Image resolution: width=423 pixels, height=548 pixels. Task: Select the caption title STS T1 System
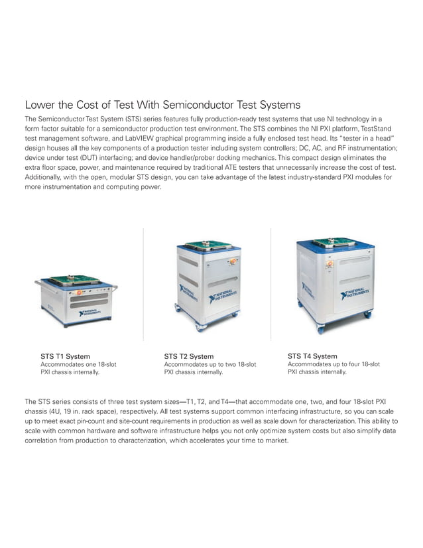click(x=66, y=356)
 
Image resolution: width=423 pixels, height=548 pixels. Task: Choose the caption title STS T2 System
click(x=189, y=356)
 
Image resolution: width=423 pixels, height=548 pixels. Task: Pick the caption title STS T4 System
click(x=312, y=356)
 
